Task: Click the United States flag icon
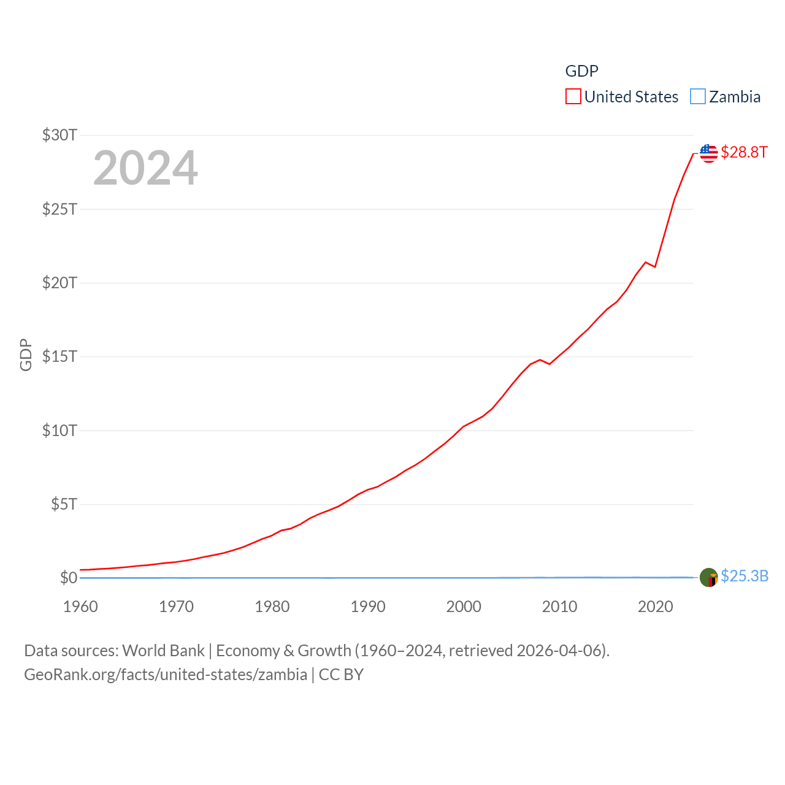708,153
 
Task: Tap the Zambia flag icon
708,577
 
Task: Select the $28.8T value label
744,152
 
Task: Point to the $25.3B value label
745,576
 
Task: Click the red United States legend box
573,97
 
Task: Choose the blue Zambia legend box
697,97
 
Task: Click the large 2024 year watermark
145,168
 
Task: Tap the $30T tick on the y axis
59,135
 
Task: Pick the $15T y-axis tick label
59,356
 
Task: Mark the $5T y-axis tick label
64,504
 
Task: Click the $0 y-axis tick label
68,578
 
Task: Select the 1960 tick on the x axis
80,607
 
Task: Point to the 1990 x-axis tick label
368,607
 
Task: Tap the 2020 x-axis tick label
655,607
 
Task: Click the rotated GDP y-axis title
26,354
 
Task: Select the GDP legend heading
581,71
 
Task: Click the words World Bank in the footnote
163,651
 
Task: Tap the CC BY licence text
341,675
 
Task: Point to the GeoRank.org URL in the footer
165,675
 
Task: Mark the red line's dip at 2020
655,267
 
